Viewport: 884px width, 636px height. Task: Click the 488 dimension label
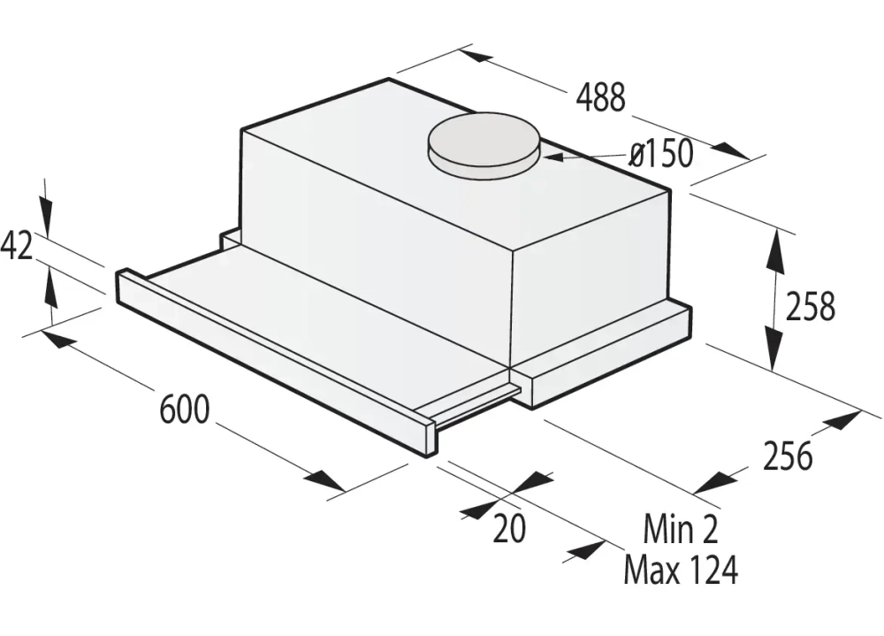coord(600,97)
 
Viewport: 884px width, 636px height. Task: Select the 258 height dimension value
coord(810,306)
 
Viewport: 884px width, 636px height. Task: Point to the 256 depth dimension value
coord(787,456)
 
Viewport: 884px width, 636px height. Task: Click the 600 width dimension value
coord(185,409)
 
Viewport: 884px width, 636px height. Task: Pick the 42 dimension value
coord(17,245)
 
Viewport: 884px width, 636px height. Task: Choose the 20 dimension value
coord(509,528)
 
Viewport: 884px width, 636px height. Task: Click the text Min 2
coord(681,530)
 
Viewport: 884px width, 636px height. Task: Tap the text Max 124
coord(680,571)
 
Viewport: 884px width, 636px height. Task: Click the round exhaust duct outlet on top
coord(484,143)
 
